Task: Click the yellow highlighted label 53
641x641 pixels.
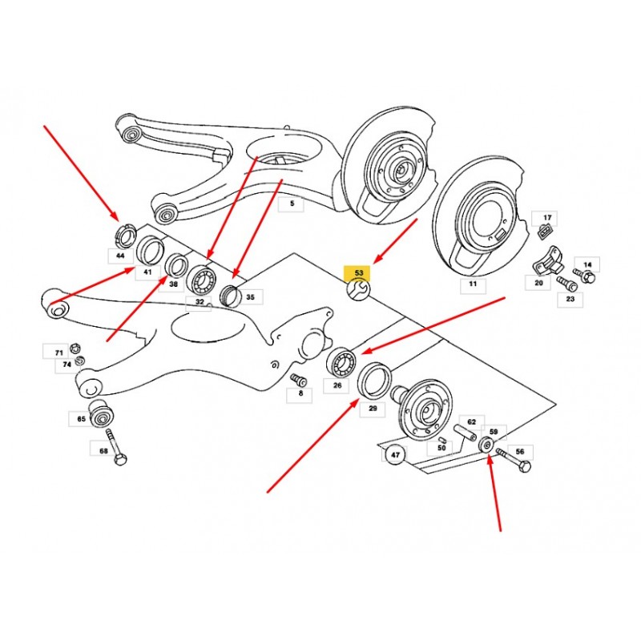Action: [x=357, y=272]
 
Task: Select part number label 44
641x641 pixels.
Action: [x=121, y=256]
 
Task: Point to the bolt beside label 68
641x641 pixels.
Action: [x=116, y=449]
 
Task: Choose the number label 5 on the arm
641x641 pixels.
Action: [x=291, y=204]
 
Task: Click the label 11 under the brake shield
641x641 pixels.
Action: [x=473, y=284]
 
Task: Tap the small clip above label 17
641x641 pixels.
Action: [x=544, y=232]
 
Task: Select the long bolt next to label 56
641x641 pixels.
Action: [x=514, y=460]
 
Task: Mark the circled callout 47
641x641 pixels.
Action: [x=395, y=454]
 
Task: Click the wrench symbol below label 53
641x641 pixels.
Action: [x=358, y=289]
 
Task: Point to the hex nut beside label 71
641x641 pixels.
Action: [x=75, y=349]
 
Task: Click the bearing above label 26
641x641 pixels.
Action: [x=342, y=363]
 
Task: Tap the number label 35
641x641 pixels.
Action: [x=250, y=297]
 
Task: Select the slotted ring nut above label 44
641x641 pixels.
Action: [x=124, y=236]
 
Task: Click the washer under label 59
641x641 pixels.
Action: [x=486, y=445]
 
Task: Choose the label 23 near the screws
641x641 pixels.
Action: [x=570, y=299]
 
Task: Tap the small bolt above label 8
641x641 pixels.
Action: [x=298, y=379]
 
